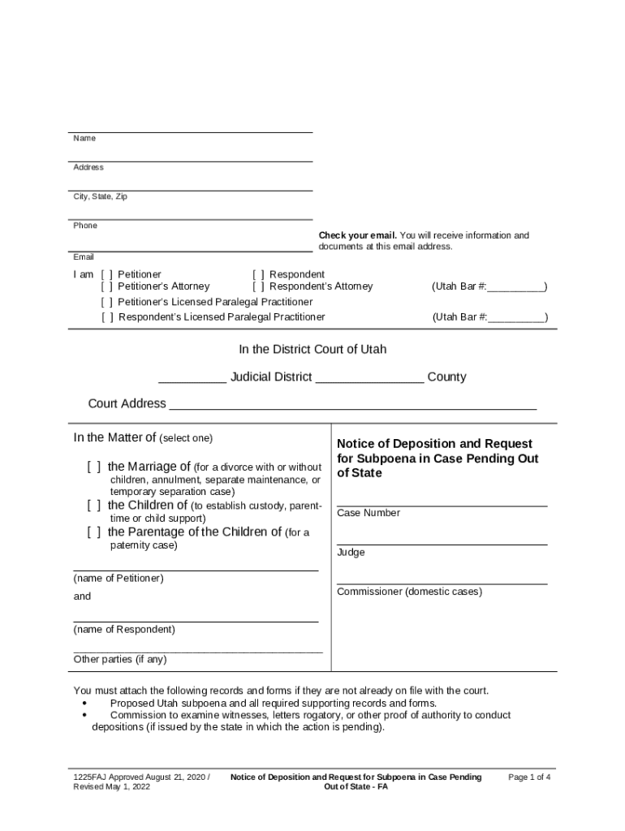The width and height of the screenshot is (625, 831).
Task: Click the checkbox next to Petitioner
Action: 107,275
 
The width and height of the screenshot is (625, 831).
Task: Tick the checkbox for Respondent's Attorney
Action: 258,286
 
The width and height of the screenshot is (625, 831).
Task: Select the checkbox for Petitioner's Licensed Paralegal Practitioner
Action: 107,302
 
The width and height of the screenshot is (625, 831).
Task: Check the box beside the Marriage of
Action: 94,467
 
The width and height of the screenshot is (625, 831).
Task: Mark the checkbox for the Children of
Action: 94,506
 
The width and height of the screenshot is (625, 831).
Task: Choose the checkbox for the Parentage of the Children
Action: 94,532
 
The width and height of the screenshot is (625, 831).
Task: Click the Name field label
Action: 84,139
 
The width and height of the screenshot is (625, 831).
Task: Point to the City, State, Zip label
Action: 101,197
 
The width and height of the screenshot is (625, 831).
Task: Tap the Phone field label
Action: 85,226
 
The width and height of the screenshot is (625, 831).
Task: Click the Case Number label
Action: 369,514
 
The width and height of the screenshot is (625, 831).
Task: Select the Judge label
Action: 351,553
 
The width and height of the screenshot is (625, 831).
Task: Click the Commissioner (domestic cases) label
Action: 409,592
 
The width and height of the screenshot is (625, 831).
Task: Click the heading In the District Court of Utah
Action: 312,350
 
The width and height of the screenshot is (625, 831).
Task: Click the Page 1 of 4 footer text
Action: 529,777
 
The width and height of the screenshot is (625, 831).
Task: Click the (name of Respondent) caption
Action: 123,630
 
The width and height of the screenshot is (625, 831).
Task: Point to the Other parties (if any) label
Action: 120,660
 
